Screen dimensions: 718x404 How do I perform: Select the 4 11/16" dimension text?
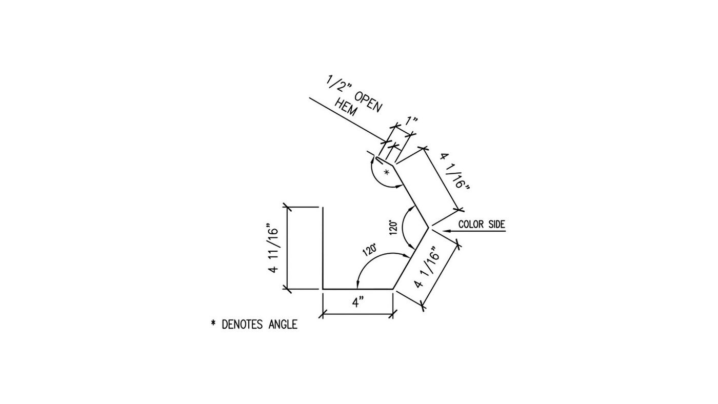[273, 250]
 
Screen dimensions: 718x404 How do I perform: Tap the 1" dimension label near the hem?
[411, 122]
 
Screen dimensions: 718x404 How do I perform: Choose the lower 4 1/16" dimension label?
[427, 267]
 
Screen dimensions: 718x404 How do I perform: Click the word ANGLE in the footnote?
[283, 325]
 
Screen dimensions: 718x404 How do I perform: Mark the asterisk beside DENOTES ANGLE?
[213, 324]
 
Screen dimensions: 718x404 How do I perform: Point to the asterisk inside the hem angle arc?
[387, 172]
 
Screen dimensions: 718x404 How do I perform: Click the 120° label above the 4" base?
[370, 250]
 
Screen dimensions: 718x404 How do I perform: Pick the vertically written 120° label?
[394, 228]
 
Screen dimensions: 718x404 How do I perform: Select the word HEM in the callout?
[346, 108]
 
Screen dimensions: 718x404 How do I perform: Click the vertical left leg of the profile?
[323, 248]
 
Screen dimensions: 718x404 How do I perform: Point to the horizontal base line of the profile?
[358, 289]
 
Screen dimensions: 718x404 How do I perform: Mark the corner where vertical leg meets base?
[323, 289]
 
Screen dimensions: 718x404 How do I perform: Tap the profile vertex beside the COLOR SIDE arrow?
[429, 228]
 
